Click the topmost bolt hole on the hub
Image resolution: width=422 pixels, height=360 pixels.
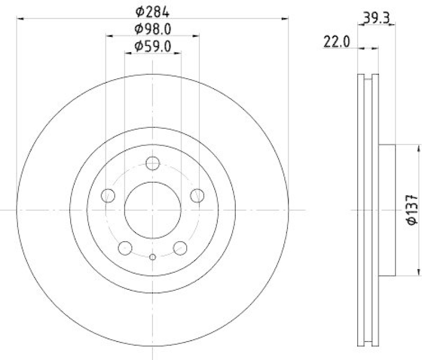153,164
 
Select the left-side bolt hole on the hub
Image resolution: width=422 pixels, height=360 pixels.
109,195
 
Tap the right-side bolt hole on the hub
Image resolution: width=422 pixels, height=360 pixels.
197,195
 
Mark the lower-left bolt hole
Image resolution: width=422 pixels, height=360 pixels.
126,247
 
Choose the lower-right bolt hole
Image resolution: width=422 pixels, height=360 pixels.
180,247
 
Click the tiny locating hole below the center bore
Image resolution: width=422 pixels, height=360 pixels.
153,257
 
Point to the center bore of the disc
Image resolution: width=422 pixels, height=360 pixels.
153,210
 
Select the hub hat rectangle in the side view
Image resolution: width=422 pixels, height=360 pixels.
387,210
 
